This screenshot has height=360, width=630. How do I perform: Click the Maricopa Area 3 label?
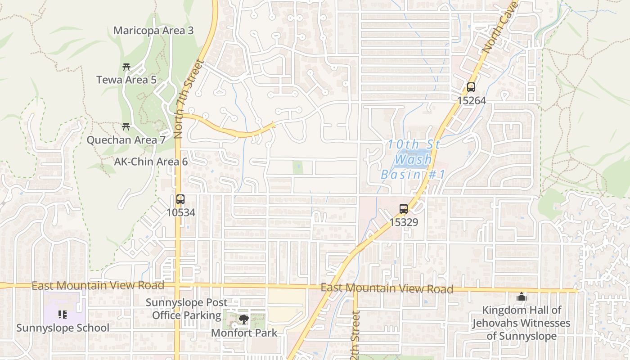pyautogui.click(x=153, y=31)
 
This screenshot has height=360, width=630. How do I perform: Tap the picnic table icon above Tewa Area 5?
pyautogui.click(x=126, y=67)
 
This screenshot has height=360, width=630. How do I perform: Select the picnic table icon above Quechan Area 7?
pyautogui.click(x=126, y=127)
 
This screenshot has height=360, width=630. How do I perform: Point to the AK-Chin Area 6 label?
pyautogui.click(x=151, y=162)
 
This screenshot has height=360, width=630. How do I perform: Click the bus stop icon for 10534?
pyautogui.click(x=180, y=199)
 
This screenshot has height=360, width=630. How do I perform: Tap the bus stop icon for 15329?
pyautogui.click(x=404, y=209)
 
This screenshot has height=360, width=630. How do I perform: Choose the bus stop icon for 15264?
pyautogui.click(x=471, y=87)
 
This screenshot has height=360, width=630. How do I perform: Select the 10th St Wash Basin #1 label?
pyautogui.click(x=413, y=159)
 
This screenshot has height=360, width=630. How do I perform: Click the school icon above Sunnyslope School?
pyautogui.click(x=63, y=315)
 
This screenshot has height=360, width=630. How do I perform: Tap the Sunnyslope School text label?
pyautogui.click(x=63, y=328)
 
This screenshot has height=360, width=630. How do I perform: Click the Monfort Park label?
pyautogui.click(x=244, y=333)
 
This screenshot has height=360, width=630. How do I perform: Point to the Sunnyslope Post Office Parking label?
pyautogui.click(x=186, y=309)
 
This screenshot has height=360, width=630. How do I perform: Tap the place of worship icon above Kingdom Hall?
pyautogui.click(x=521, y=297)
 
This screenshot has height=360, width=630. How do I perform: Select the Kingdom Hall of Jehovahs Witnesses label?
pyautogui.click(x=521, y=323)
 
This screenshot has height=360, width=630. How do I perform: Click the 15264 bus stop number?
pyautogui.click(x=471, y=100)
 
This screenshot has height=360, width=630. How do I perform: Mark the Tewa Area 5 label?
pyautogui.click(x=126, y=80)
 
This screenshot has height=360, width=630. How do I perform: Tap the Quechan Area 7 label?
pyautogui.click(x=126, y=140)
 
